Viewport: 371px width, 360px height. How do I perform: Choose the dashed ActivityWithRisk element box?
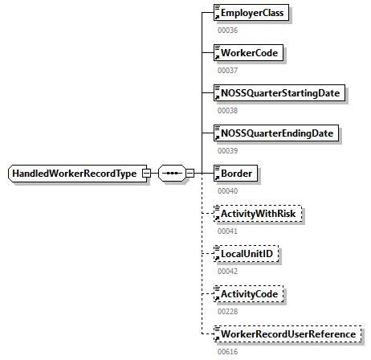coord(255,214)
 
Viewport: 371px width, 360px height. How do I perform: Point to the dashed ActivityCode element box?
coord(250,294)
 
